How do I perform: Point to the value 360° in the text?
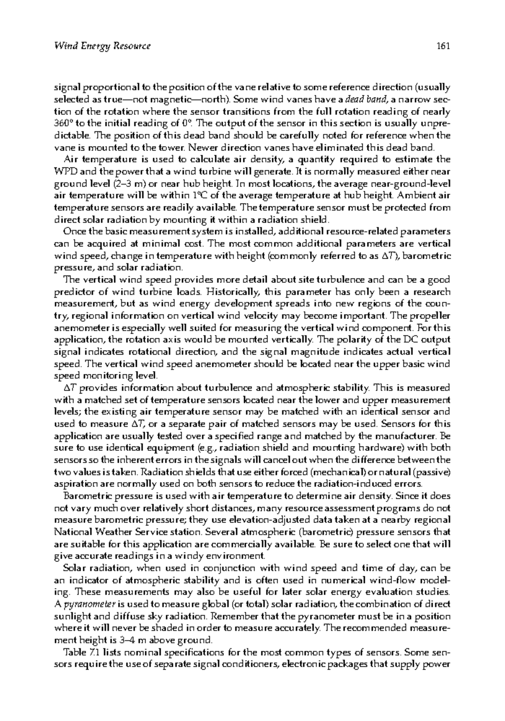(63, 124)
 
